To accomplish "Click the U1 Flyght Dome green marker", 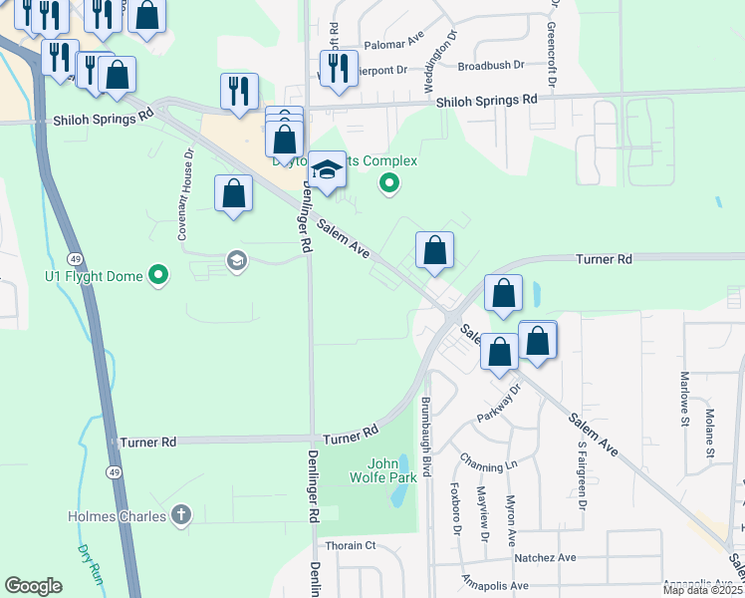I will tap(157, 275).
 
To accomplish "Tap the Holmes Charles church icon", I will tap(180, 515).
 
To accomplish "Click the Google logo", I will tap(34, 586).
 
